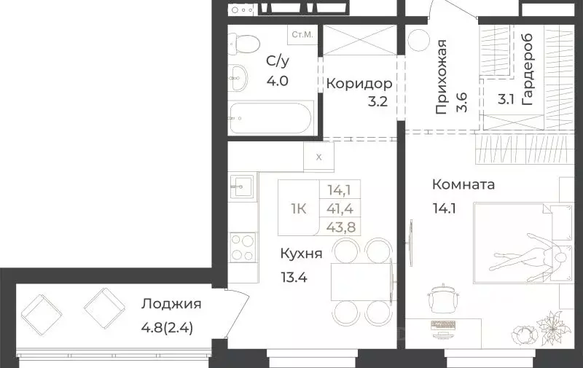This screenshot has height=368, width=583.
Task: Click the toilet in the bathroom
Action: point(242,44)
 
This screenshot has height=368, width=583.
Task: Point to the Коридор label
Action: point(354,83)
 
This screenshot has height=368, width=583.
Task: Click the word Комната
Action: point(463,184)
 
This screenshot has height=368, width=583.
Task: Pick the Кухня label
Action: point(301,254)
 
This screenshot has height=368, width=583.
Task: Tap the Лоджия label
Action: point(172,305)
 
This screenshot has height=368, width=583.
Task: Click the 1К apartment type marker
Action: point(298,209)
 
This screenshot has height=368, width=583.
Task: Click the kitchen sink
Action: point(242,186)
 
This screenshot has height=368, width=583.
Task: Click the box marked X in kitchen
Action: point(318,156)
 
